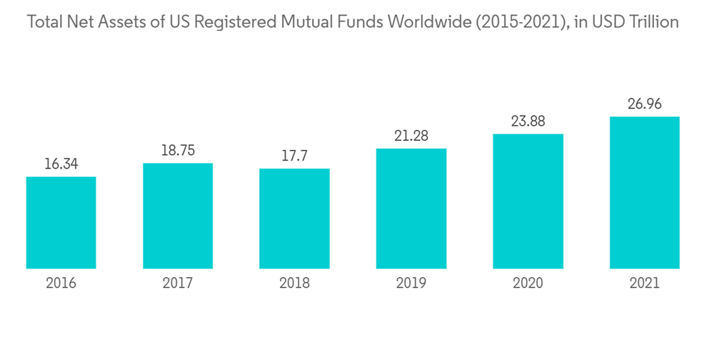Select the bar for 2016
point(61,223)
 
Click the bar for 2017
point(178,216)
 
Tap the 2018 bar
point(294,219)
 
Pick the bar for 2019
point(411,209)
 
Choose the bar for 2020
point(528,201)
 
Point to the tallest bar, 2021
point(644,193)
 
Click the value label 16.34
point(61,164)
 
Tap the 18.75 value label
point(178,150)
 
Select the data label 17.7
point(294,156)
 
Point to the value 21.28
point(411,136)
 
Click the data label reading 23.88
point(528,121)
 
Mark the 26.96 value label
point(644,104)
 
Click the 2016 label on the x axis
point(61,284)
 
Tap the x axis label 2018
point(294,284)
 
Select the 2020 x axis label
point(528,284)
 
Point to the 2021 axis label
point(644,284)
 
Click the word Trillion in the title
point(653,22)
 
